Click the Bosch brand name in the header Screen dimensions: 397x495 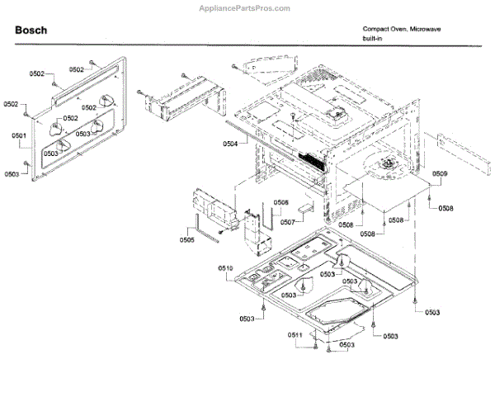[x=31, y=31]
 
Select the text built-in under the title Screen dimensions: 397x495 [x=374, y=38]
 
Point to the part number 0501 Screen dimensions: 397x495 [x=19, y=135]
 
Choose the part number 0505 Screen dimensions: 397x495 [x=186, y=240]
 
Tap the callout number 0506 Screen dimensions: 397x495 [x=280, y=202]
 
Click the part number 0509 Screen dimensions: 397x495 [x=440, y=173]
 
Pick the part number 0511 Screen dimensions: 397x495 [x=295, y=334]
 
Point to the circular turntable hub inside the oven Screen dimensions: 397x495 [x=385, y=167]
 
